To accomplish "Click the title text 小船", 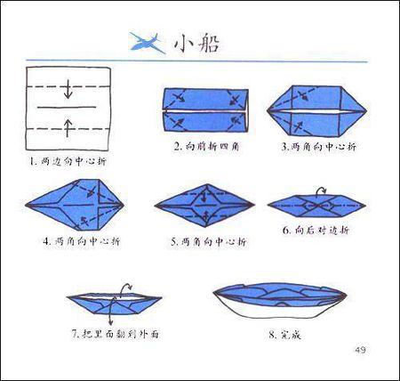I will (195, 42).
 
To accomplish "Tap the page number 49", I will (359, 347).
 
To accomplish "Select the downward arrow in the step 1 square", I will (68, 89).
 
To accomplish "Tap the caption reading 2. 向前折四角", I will (206, 145).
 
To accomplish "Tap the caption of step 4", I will (81, 240).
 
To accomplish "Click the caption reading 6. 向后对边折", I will (316, 231).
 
